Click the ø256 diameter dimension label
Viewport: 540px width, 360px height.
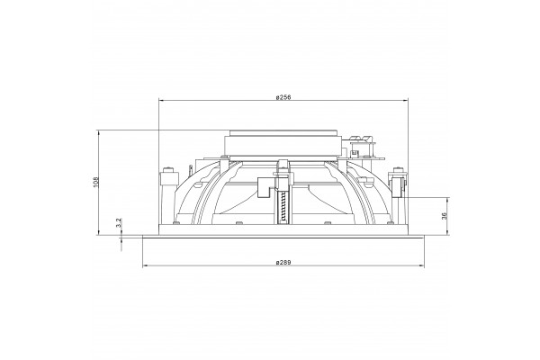[283, 97]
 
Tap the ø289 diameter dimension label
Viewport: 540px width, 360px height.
[283, 263]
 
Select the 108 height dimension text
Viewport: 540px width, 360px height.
[95, 182]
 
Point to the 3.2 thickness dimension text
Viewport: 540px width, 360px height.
[119, 223]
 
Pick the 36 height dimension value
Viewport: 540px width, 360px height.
[444, 216]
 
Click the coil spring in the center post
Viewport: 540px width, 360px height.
[283, 207]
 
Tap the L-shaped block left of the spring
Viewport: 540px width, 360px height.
[265, 188]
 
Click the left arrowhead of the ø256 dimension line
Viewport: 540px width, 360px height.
[161, 100]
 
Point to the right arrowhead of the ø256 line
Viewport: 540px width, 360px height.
[405, 100]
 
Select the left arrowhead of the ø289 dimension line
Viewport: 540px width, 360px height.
[145, 265]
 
